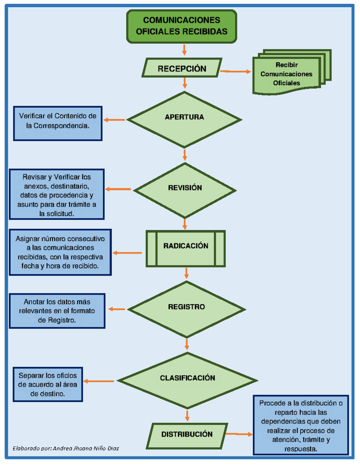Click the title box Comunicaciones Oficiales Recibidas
click(x=181, y=26)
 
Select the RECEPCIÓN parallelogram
click(x=182, y=68)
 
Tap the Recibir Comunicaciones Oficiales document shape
click(x=286, y=74)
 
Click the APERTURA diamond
click(x=184, y=119)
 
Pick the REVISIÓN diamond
click(x=185, y=190)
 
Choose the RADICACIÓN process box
click(x=186, y=248)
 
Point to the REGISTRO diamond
click(x=186, y=309)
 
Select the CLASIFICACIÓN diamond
click(x=187, y=380)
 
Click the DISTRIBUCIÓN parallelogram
click(x=187, y=436)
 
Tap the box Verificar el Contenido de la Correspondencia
click(x=58, y=123)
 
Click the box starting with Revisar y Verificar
click(x=57, y=194)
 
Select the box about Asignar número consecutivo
click(x=60, y=252)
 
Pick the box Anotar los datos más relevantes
click(x=57, y=311)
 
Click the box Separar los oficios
click(x=48, y=384)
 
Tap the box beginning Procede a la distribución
click(x=301, y=425)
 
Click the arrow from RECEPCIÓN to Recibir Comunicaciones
click(x=235, y=71)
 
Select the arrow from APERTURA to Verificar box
click(x=114, y=120)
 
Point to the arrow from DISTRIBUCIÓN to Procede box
click(x=239, y=434)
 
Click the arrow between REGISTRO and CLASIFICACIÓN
click(x=187, y=344)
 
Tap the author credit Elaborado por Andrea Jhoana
click(x=66, y=448)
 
